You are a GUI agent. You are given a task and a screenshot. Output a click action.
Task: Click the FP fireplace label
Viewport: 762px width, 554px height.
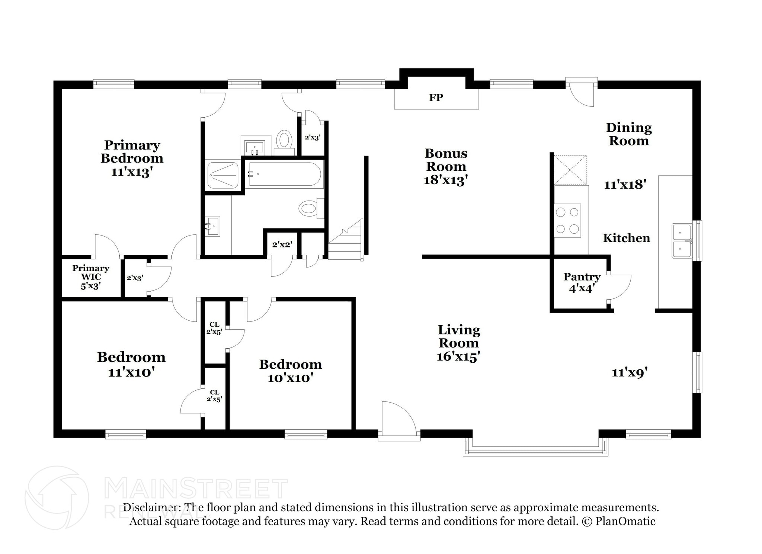pyautogui.click(x=436, y=97)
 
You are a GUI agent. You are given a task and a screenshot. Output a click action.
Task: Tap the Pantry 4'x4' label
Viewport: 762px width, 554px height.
pyautogui.click(x=582, y=282)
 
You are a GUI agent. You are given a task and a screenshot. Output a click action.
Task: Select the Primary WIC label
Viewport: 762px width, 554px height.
pyautogui.click(x=91, y=272)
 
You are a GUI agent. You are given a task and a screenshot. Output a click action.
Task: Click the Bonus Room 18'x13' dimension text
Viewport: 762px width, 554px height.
pyautogui.click(x=446, y=180)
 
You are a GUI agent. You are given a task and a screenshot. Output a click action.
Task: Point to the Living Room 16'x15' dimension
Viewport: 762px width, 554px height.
pyautogui.click(x=458, y=356)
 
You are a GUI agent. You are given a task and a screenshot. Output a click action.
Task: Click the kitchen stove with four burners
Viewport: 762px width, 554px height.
pyautogui.click(x=567, y=220)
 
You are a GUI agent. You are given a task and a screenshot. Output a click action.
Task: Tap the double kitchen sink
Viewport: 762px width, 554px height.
pyautogui.click(x=682, y=241)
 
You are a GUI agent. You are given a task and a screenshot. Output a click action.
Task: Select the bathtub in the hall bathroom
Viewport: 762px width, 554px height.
pyautogui.click(x=285, y=174)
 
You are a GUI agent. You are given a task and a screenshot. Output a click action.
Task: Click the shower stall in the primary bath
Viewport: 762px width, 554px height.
pyautogui.click(x=223, y=175)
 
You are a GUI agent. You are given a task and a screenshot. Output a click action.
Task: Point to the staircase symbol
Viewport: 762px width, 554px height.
pyautogui.click(x=345, y=240)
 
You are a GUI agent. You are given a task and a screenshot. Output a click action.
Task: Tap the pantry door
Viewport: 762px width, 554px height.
pyautogui.click(x=619, y=287)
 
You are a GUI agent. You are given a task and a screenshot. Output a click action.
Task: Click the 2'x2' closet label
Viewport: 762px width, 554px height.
pyautogui.click(x=282, y=244)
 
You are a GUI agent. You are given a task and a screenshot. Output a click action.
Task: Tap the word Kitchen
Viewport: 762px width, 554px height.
pyautogui.click(x=627, y=238)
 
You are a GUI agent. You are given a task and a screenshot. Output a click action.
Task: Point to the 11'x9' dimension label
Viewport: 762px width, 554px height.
pyautogui.click(x=630, y=372)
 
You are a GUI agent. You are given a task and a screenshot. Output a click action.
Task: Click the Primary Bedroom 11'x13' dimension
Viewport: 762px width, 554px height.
pyautogui.click(x=132, y=172)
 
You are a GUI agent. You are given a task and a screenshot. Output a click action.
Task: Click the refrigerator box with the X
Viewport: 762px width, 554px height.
pyautogui.click(x=570, y=170)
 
